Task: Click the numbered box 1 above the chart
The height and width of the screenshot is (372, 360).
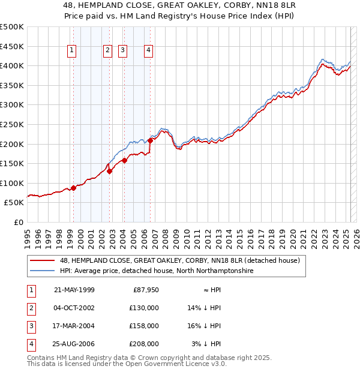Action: [72, 51]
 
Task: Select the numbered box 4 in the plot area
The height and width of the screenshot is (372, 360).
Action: [147, 51]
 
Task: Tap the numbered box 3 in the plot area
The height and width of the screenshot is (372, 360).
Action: [122, 51]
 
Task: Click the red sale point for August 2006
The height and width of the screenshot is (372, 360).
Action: [150, 141]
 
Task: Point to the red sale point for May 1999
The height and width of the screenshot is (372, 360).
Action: [73, 188]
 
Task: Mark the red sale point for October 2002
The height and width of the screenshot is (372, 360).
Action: [110, 171]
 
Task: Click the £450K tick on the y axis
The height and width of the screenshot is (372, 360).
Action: [12, 46]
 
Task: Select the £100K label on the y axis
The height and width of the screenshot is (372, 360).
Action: [12, 183]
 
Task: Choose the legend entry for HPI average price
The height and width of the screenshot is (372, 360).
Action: [157, 271]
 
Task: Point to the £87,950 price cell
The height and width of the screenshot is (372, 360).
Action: [146, 290]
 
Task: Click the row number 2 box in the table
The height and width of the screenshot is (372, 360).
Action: [31, 308]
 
